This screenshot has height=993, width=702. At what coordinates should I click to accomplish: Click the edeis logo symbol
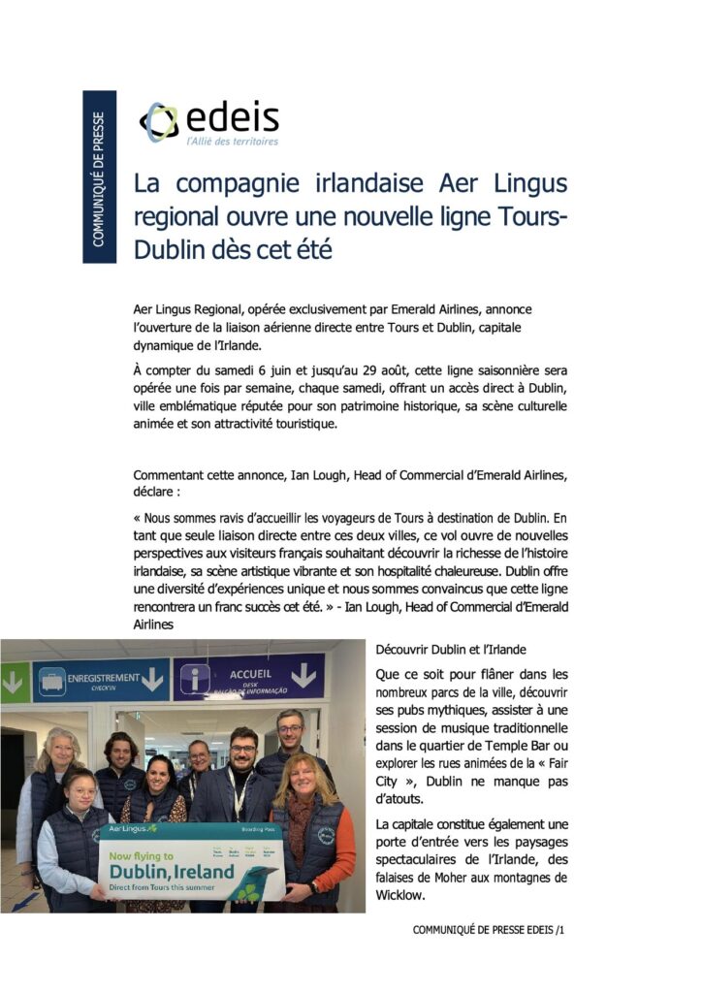tap(159, 122)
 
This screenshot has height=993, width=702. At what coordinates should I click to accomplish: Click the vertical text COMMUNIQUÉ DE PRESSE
tap(99, 176)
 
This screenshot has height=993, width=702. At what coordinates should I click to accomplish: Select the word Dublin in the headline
tap(167, 249)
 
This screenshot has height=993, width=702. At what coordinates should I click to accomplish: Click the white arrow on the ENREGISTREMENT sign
tap(151, 680)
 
